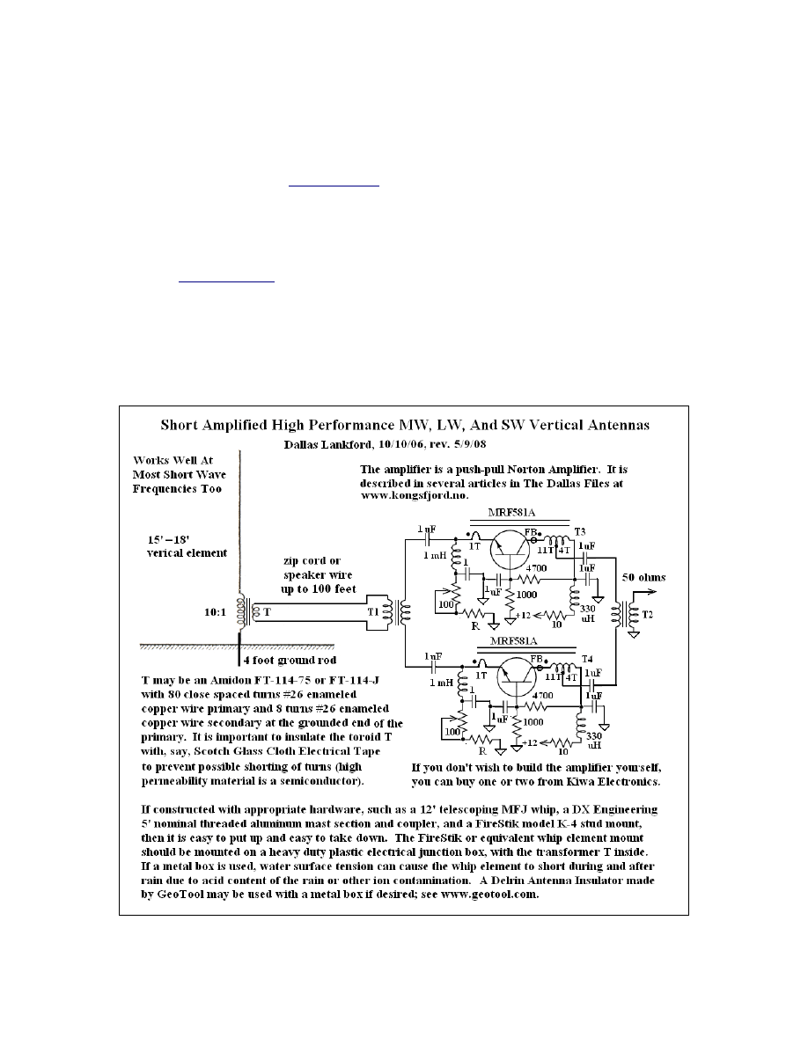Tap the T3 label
580,533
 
